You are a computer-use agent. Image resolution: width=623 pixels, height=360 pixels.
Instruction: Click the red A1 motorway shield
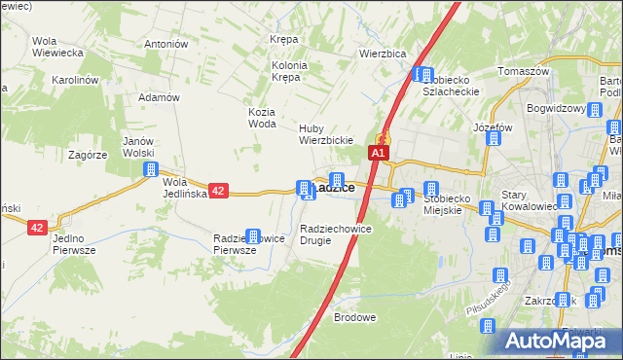379,153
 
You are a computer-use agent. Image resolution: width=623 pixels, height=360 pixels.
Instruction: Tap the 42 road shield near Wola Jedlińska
218,192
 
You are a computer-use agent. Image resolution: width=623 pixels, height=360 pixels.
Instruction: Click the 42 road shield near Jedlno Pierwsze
37,227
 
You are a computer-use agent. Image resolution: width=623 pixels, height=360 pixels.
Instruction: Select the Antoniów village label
165,44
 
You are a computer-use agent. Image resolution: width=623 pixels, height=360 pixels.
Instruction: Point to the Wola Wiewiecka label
55,47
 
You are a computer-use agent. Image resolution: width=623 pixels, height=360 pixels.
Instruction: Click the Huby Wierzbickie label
325,134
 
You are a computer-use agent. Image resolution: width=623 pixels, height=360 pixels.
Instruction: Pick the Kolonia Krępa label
289,71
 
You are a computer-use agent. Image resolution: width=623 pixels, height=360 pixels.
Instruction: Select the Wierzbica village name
382,54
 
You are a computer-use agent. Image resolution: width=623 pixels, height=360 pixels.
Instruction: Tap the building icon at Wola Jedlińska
151,169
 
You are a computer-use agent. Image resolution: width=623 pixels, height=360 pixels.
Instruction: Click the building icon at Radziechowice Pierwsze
253,236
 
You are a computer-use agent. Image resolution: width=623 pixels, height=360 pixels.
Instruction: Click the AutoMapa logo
558,341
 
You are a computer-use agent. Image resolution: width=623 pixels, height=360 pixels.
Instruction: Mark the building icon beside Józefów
494,138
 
